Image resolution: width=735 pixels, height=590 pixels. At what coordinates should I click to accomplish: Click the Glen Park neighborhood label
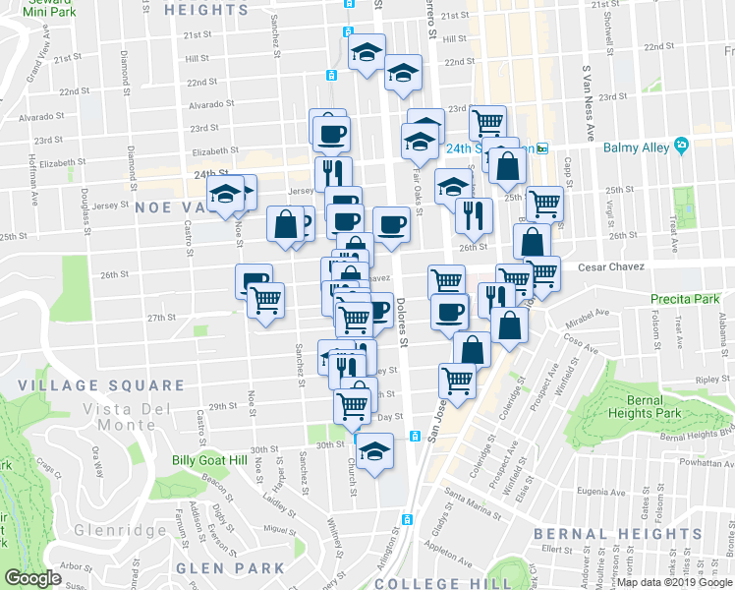(x=230, y=568)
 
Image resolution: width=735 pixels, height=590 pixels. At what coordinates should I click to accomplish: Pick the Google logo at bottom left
(x=33, y=578)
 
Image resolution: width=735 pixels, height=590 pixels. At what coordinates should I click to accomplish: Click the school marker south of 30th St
(x=373, y=452)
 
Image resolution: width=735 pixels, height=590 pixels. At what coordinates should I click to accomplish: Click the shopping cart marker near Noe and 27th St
(x=265, y=299)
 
